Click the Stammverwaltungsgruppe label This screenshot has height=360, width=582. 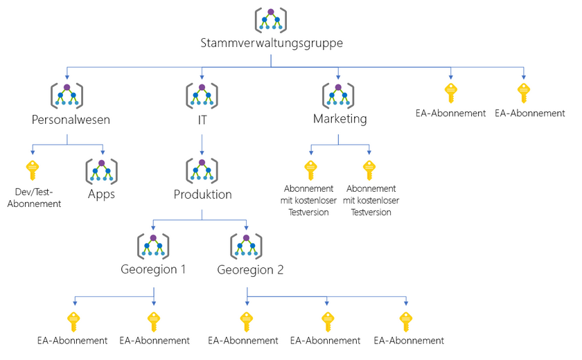click(271, 44)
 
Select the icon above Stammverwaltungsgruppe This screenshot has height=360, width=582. click(271, 19)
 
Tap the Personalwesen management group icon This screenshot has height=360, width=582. click(67, 94)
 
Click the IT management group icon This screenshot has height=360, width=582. click(202, 94)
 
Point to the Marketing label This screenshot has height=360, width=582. click(339, 119)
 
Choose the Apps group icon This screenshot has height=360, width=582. click(102, 170)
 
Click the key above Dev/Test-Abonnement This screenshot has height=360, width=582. click(32, 170)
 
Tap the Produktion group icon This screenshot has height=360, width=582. click(202, 170)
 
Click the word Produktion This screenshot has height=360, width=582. click(202, 195)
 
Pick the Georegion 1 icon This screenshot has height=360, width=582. click(153, 246)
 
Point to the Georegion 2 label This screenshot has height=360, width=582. click(249, 270)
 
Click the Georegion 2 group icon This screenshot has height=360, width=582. click(247, 246)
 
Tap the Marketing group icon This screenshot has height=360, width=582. click(338, 94)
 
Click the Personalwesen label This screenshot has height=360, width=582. click(67, 119)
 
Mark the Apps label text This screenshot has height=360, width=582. click(102, 195)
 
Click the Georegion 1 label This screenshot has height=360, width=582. click(153, 270)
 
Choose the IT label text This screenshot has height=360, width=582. click(202, 119)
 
